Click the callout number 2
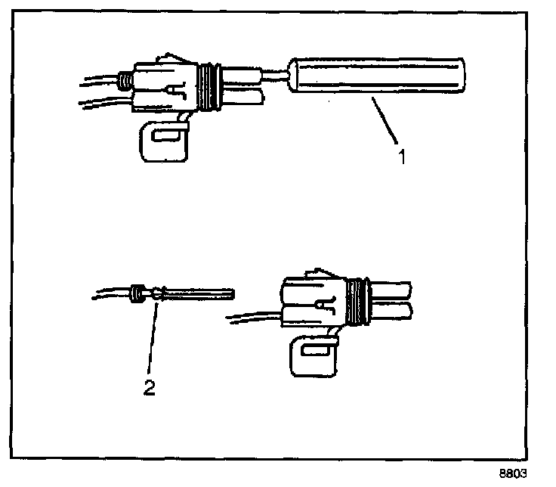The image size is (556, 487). click(x=150, y=388)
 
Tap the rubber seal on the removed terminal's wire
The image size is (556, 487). click(x=137, y=292)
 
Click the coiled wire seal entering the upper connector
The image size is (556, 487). click(x=122, y=79)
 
